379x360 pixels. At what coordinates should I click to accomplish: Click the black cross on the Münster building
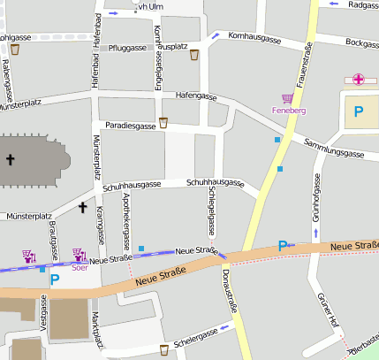(11, 160)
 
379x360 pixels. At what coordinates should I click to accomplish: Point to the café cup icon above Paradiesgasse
(163, 121)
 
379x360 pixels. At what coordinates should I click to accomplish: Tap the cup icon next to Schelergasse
(163, 349)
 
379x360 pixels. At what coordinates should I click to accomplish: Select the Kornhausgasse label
(255, 40)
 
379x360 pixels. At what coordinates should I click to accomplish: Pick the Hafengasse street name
(196, 95)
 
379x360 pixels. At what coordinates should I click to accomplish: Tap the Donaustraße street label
(232, 296)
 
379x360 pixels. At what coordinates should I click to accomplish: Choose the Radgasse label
(363, 4)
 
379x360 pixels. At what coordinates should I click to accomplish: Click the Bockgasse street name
(362, 42)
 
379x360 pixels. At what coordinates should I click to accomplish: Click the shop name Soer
(80, 266)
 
